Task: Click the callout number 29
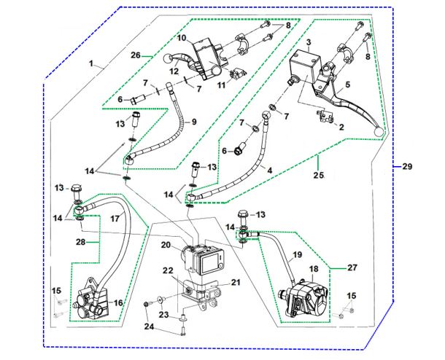click(407, 166)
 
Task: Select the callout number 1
click(92, 65)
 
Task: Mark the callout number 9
click(195, 121)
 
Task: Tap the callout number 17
click(115, 218)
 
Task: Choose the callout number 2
click(339, 126)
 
